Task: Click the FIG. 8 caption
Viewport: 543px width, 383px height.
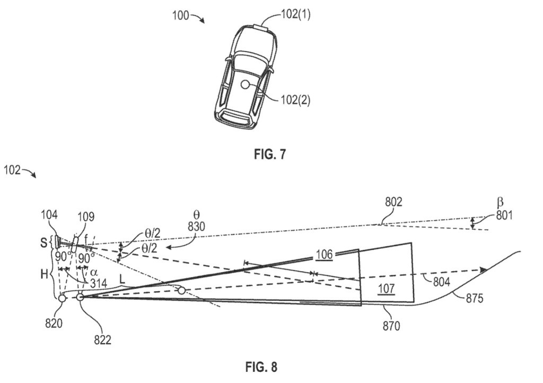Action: pos(261,367)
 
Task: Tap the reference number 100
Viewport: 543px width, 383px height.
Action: pos(181,15)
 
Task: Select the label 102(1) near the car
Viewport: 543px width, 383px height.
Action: pos(296,14)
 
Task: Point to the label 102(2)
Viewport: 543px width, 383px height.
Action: pos(295,100)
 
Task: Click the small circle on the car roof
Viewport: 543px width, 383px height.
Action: pos(246,84)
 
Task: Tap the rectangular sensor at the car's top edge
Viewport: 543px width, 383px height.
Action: pos(262,27)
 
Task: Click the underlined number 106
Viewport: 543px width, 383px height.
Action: pos(324,255)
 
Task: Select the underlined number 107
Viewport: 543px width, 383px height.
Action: pos(387,288)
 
